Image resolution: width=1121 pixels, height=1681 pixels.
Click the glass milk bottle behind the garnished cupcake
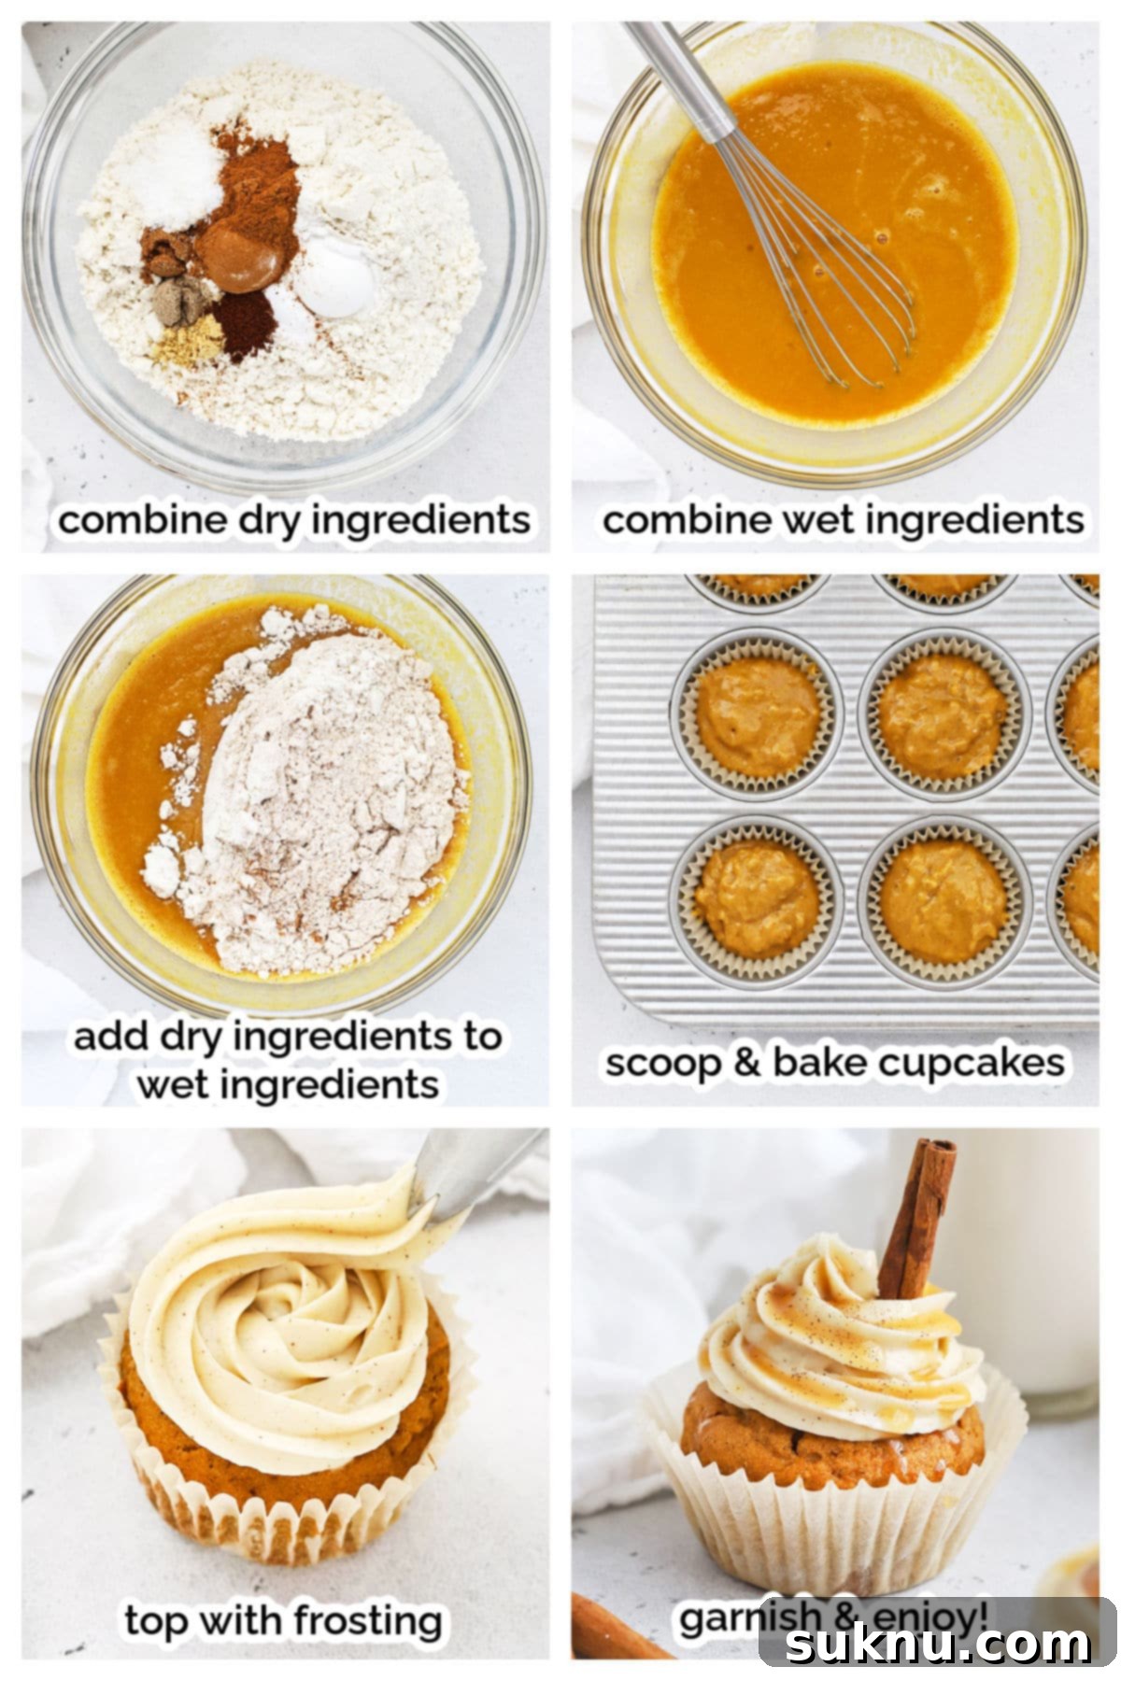click(x=1037, y=1289)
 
